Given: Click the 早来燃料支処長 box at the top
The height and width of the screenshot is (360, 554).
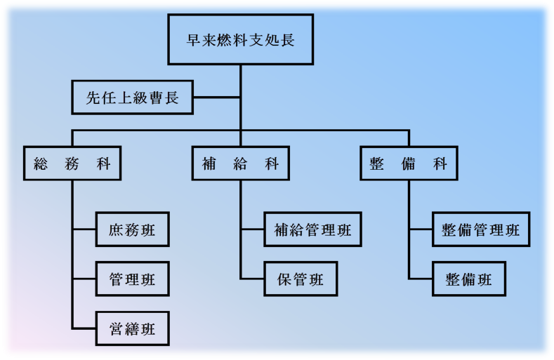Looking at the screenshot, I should pyautogui.click(x=240, y=40).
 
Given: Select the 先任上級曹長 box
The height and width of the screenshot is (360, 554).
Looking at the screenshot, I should pyautogui.click(x=133, y=98).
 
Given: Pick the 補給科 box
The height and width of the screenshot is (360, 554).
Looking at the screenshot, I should pyautogui.click(x=240, y=164).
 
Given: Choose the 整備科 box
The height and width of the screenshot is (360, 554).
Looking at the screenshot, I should pyautogui.click(x=408, y=164).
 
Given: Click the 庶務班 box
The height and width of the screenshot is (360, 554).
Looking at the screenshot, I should pyautogui.click(x=132, y=229).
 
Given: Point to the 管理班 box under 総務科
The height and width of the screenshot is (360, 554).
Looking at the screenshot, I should pyautogui.click(x=132, y=279).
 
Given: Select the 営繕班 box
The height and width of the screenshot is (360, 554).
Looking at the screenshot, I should pyautogui.click(x=132, y=328).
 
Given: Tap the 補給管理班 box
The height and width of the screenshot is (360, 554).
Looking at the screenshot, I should pyautogui.click(x=312, y=229).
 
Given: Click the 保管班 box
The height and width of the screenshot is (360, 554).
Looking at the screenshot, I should pyautogui.click(x=301, y=279).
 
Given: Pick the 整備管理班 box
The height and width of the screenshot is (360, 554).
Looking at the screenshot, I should pyautogui.click(x=481, y=229).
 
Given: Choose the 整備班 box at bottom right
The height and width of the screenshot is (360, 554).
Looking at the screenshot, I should pyautogui.click(x=469, y=279).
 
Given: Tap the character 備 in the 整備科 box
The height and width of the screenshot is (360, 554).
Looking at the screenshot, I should pyautogui.click(x=409, y=164).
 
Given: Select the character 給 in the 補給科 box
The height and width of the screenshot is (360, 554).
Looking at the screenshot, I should pyautogui.click(x=240, y=164).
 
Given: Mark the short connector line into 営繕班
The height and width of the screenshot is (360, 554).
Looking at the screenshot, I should pyautogui.click(x=84, y=328).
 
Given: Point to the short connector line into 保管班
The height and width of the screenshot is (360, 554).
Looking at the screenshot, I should pyautogui.click(x=253, y=279).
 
